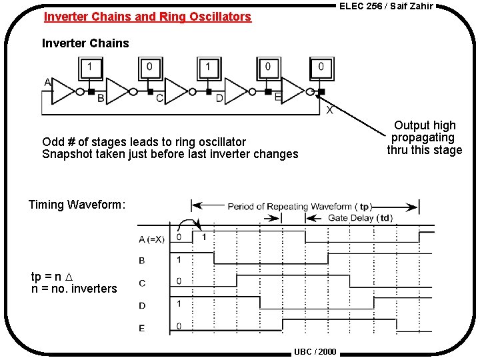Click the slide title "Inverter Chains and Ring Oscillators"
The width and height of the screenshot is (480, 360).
pyautogui.click(x=147, y=17)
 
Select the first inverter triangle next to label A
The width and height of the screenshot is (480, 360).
pyautogui.click(x=64, y=91)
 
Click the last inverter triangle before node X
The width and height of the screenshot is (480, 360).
pyautogui.click(x=293, y=91)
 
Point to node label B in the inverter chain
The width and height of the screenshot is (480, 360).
pyautogui.click(x=101, y=99)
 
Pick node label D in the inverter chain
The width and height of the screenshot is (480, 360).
pyautogui.click(x=219, y=99)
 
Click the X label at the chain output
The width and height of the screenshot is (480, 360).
pyautogui.click(x=330, y=110)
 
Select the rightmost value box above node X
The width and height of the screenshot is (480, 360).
pyautogui.click(x=321, y=67)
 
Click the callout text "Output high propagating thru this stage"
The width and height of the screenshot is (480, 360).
pyautogui.click(x=425, y=137)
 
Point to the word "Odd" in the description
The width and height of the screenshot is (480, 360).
pyautogui.click(x=53, y=141)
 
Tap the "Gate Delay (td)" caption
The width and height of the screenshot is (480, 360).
pyautogui.click(x=361, y=218)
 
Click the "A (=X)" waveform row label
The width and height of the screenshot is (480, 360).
pyautogui.click(x=151, y=239)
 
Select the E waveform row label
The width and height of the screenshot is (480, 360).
pyautogui.click(x=142, y=327)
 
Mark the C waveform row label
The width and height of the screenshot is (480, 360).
pyautogui.click(x=142, y=283)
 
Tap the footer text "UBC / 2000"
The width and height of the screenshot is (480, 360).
pyautogui.click(x=315, y=351)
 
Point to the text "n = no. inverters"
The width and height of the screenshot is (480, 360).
pyautogui.click(x=74, y=289)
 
